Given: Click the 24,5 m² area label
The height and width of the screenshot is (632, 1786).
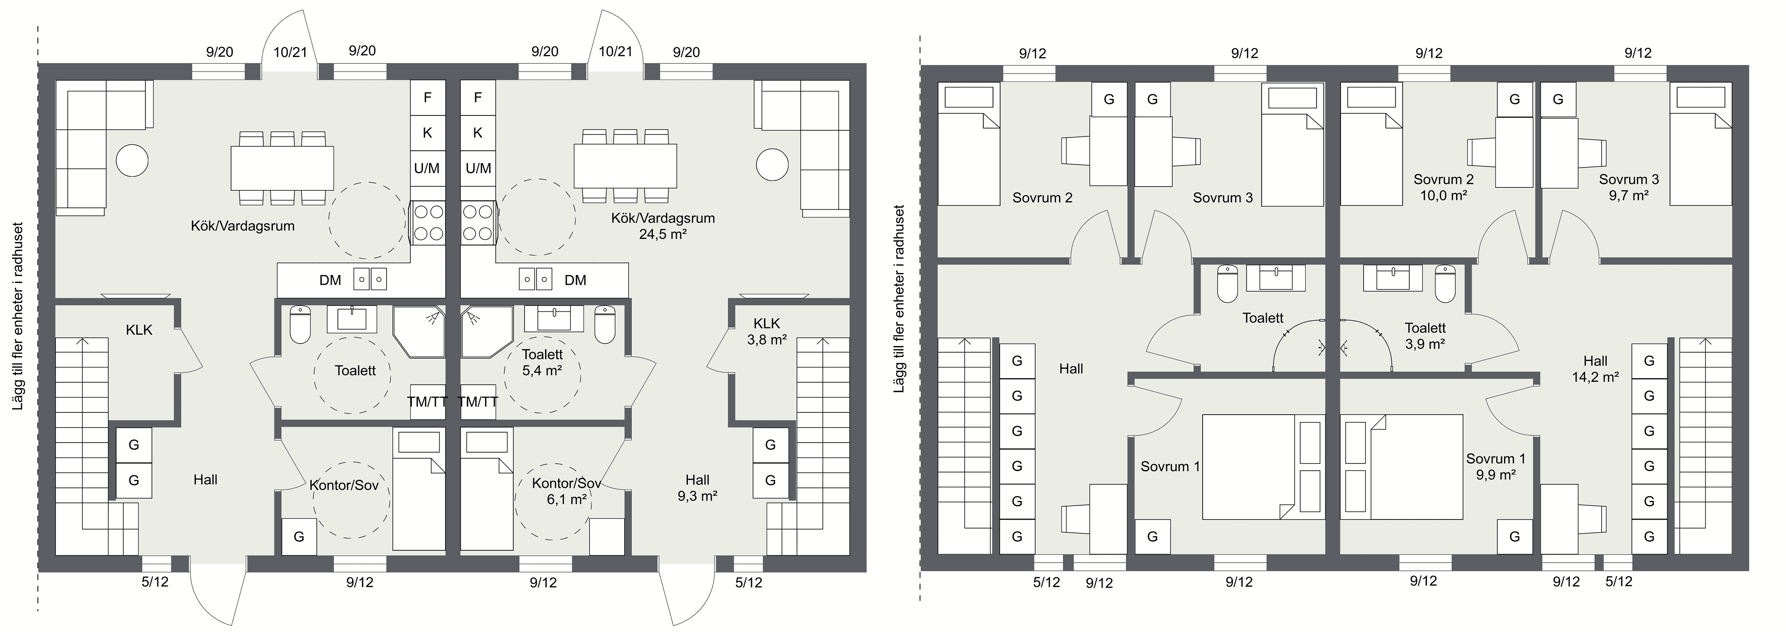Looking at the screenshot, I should coord(663,234).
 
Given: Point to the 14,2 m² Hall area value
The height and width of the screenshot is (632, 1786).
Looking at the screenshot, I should coord(1596,378).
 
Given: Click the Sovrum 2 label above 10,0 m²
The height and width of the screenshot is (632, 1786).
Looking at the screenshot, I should coord(1444,180).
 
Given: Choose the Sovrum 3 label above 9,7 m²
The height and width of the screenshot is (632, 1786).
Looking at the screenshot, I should coord(1628,180).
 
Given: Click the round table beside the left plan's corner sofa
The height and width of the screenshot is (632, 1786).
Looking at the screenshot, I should coord(132,161).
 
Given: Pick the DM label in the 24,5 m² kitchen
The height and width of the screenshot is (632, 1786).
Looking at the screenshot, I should coord(576,280).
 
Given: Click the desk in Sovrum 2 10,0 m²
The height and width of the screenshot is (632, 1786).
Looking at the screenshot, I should coord(1514,153).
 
